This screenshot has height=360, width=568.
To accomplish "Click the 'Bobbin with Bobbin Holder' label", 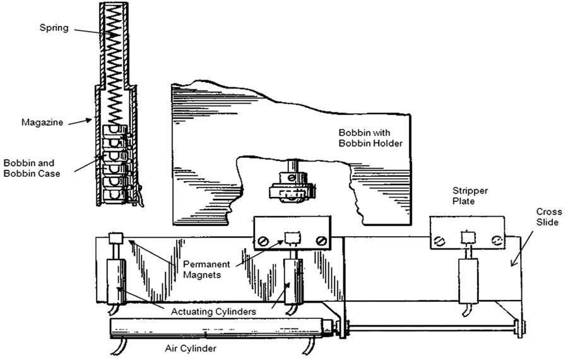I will point(369,138).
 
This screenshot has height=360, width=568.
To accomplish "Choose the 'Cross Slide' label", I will point(547,217).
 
